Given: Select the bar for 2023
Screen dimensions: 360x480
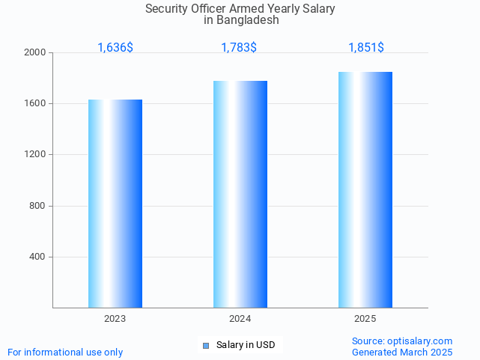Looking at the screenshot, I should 115,204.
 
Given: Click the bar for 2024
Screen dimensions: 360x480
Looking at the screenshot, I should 240,194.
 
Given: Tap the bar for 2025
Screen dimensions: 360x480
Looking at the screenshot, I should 365,189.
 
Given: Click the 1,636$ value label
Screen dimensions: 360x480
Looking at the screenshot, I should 115,47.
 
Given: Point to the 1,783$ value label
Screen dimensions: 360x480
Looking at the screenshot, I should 239,47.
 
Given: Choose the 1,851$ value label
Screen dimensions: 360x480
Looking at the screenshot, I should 366,47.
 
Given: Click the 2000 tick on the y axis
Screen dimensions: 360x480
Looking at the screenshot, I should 36,52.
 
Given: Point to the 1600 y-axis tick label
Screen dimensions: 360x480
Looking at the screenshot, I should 36,103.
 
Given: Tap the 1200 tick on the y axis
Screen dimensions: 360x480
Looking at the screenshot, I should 36,154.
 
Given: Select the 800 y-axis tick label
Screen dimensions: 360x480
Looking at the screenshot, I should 38,206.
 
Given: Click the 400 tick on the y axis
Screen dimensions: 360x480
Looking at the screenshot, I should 38,257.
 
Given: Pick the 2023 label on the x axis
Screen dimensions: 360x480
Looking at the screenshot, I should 115,319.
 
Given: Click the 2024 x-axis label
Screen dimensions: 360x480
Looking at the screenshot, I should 240,319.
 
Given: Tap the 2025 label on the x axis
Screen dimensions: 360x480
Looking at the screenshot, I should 365,319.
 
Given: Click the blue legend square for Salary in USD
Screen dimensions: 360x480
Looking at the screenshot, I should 206,345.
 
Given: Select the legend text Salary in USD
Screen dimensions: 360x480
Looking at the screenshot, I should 246,345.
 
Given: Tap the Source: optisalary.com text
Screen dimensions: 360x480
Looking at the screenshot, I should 402,341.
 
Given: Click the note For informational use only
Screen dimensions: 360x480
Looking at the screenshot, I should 65,352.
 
